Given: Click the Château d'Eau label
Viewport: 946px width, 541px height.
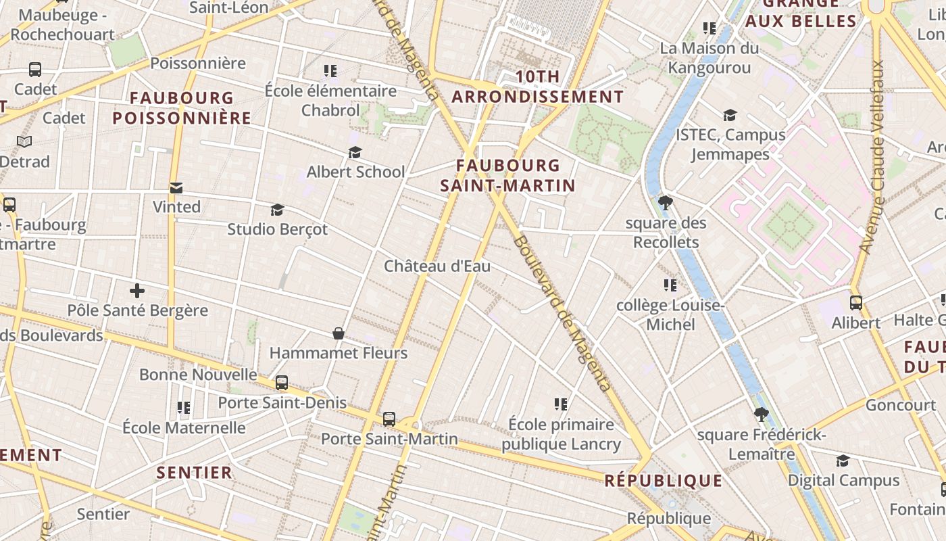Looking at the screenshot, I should (437, 266).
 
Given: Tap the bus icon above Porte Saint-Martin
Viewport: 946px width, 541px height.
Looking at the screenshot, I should (389, 419).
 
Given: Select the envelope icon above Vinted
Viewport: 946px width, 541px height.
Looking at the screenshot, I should (176, 188).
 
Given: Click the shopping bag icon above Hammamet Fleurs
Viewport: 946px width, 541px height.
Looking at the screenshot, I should (339, 333).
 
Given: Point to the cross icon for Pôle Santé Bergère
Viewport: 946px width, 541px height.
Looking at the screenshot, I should (137, 291).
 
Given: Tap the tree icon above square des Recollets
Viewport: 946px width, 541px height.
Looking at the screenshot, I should (666, 202).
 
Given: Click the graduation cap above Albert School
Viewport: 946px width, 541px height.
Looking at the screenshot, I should (355, 153).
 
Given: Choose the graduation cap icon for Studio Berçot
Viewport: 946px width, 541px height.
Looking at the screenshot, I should (277, 210).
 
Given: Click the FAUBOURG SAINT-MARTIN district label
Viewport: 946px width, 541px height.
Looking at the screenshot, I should (507, 175).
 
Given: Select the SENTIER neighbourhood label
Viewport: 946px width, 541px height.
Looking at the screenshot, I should (195, 472).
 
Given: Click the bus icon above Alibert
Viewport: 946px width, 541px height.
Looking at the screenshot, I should (856, 303).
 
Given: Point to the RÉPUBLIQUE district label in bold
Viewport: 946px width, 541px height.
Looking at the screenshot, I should (663, 481).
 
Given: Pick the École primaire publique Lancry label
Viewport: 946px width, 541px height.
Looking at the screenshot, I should (561, 434).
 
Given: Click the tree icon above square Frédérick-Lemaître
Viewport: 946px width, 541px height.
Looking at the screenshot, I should (762, 415).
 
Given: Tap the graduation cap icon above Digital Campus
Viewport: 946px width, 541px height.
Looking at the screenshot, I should (843, 461).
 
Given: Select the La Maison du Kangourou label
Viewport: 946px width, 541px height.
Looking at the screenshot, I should (709, 58).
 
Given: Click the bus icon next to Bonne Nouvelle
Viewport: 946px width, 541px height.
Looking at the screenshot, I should (282, 383).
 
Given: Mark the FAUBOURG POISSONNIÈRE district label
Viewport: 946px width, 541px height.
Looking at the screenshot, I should (182, 108).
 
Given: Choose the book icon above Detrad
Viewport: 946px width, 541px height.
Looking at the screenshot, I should (24, 142).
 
